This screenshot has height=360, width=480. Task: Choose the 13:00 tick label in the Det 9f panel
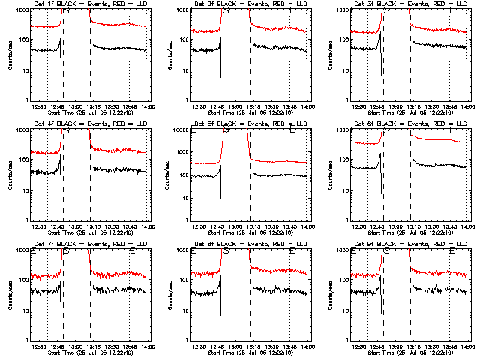coord(396,346)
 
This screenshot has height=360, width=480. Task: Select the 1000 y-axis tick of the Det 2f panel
coord(180,11)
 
